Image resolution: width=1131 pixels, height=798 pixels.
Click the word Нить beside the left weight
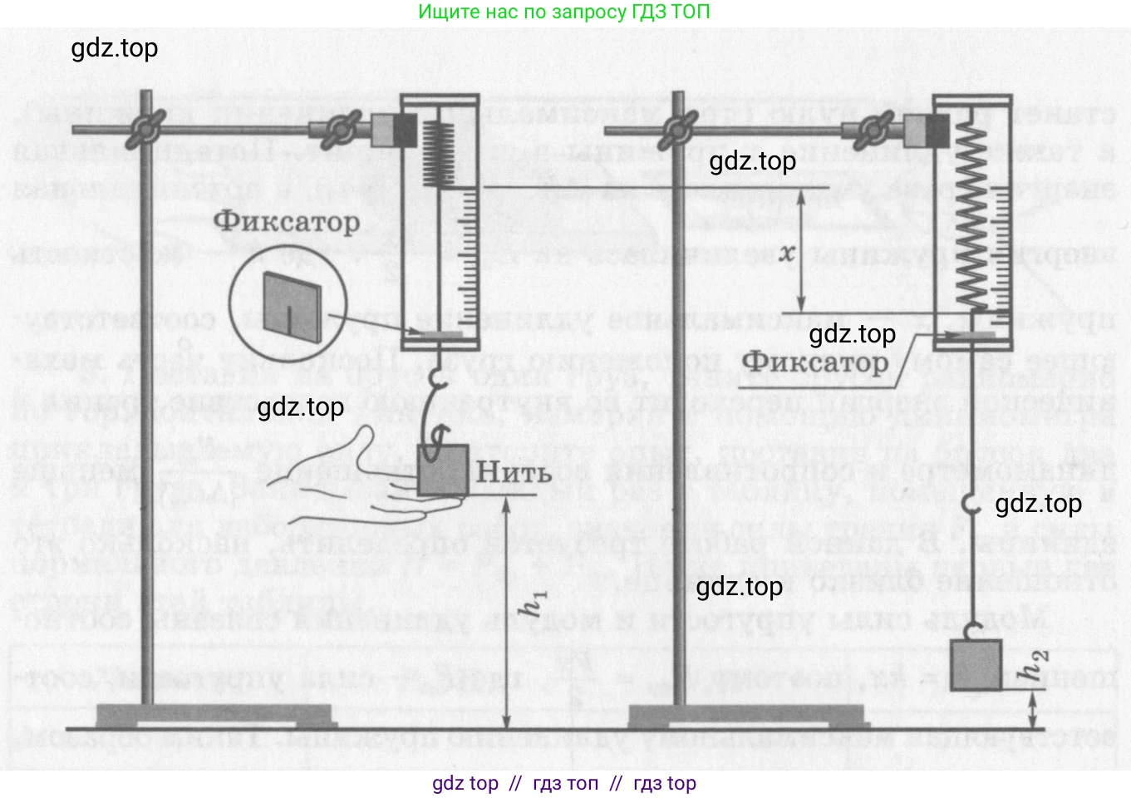point(514,473)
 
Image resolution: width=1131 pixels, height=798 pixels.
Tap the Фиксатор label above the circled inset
point(287,221)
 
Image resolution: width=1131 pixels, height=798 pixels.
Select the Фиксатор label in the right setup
point(814,363)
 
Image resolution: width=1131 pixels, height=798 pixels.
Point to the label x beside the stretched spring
point(787,252)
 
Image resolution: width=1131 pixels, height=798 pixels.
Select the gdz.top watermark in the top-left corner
point(115,48)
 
